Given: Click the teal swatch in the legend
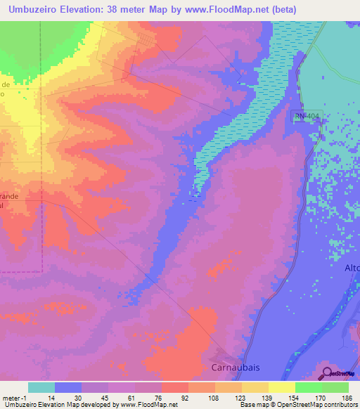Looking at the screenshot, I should point(41,387).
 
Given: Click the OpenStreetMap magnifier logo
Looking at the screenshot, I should point(327,373).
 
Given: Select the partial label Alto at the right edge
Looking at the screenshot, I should point(352,268).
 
